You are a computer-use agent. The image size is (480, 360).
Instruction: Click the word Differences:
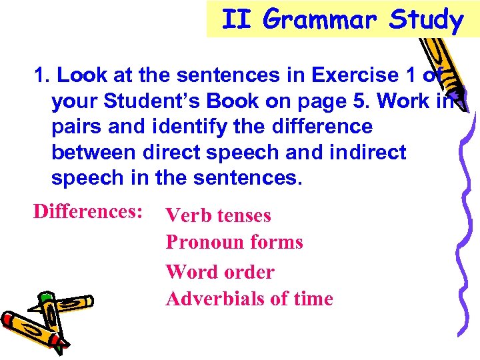click(x=89, y=211)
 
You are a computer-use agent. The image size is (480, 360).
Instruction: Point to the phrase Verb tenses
click(x=219, y=215)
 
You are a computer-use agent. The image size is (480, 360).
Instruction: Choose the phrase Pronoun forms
click(x=234, y=241)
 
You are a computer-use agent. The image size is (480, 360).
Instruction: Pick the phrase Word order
click(x=220, y=271)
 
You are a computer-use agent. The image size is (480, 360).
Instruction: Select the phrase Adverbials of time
click(x=249, y=298)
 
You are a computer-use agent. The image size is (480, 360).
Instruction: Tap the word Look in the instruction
click(x=79, y=75)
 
